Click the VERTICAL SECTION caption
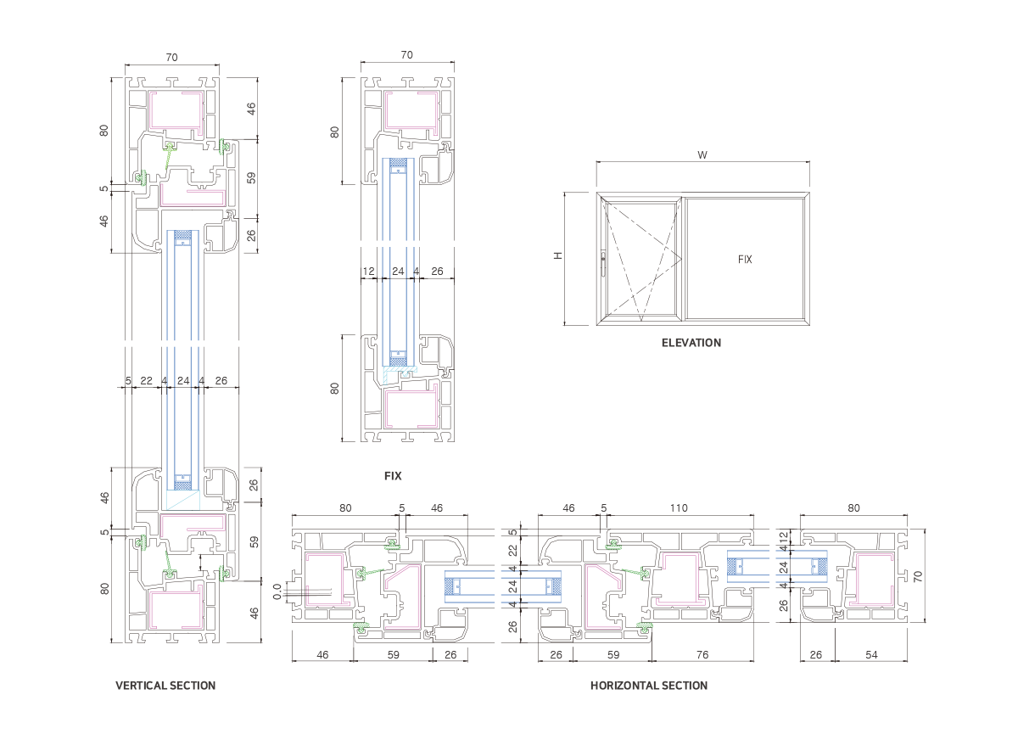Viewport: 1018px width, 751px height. point(165,686)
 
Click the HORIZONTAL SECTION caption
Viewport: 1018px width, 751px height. point(648,686)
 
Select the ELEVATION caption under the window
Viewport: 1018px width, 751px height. point(691,344)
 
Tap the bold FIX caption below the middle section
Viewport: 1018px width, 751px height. point(392,476)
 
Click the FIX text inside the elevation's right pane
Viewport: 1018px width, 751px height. point(745,260)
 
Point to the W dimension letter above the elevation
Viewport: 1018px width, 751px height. point(702,155)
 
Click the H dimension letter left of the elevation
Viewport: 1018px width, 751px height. point(558,255)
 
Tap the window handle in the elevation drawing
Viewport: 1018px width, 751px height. point(603,264)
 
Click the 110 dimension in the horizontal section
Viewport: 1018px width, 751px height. point(678,508)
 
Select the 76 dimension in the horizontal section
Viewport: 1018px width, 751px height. point(702,655)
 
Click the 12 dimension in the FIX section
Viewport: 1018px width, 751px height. point(368,272)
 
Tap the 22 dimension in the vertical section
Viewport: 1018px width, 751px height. point(146,381)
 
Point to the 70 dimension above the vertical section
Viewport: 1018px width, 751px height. point(171,58)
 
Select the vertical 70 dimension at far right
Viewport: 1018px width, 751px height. point(918,576)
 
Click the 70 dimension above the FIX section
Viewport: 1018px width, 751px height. point(406,55)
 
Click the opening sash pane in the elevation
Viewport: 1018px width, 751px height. point(640,259)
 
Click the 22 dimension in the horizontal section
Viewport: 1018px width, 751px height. point(512,551)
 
